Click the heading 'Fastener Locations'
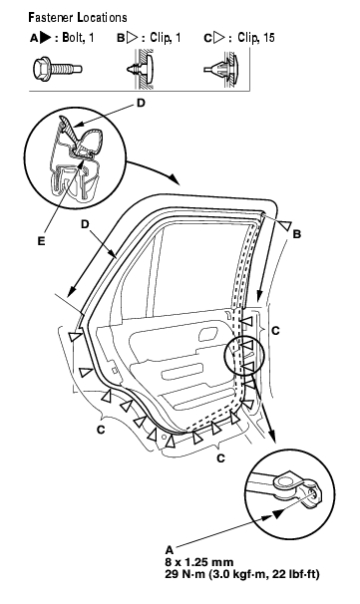coord(77,18)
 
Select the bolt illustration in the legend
coord(58,70)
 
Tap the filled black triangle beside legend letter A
coord(46,38)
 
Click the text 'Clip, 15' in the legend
coord(255,38)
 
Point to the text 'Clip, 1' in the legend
coord(165,38)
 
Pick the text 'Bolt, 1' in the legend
coord(78,38)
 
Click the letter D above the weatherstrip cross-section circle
coord(141,104)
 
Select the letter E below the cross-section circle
coord(41,241)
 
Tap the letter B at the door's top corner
coord(297,234)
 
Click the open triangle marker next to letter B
coord(285,225)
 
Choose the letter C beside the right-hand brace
coord(275,331)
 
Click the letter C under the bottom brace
coord(220,458)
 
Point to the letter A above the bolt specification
coord(170,550)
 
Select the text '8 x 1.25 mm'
coord(198,562)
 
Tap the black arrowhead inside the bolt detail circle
coord(280,512)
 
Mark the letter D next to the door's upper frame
coord(85,224)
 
